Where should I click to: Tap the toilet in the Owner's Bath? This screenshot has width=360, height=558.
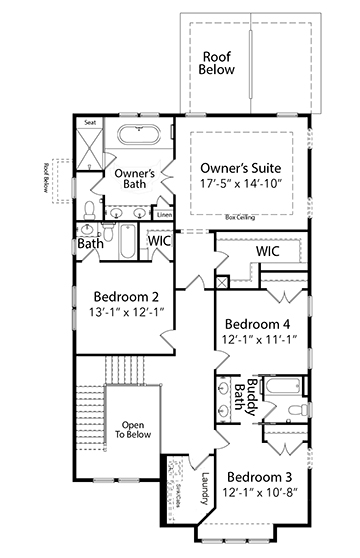(x=90, y=208)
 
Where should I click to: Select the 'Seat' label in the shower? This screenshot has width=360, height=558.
(x=90, y=123)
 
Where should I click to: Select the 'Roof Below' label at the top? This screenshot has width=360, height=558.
(x=218, y=63)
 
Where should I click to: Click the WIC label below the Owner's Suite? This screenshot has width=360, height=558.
(x=267, y=252)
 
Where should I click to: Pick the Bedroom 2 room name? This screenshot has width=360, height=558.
(x=126, y=297)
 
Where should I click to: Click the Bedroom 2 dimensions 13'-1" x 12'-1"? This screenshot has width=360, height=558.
(x=126, y=314)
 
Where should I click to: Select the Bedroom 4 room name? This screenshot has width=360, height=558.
(x=258, y=324)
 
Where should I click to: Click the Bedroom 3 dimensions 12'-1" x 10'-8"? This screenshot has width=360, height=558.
(x=259, y=494)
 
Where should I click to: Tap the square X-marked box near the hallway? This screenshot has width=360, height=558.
(x=221, y=283)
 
